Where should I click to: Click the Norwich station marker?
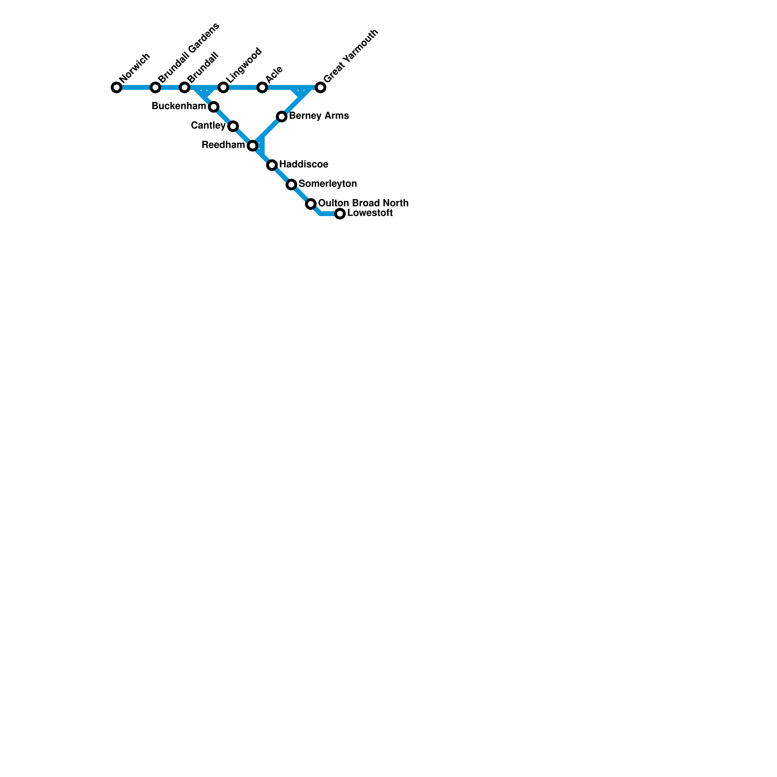click(117, 87)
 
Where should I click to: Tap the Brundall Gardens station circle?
click(155, 87)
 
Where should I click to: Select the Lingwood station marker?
click(223, 87)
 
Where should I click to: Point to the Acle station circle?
click(262, 87)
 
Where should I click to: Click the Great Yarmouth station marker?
click(321, 87)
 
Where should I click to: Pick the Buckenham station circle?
click(214, 107)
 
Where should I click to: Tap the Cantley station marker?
click(233, 126)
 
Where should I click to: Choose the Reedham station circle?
click(253, 146)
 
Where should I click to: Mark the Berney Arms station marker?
click(282, 117)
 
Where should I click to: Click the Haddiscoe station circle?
click(272, 165)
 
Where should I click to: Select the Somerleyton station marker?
click(291, 185)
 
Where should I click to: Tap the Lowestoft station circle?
click(340, 214)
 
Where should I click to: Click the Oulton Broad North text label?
click(363, 203)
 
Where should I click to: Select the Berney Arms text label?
click(319, 116)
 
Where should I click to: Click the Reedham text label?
click(223, 145)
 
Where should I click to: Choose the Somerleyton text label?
click(328, 184)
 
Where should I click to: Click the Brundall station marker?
click(185, 87)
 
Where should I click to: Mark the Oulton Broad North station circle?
click(311, 204)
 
